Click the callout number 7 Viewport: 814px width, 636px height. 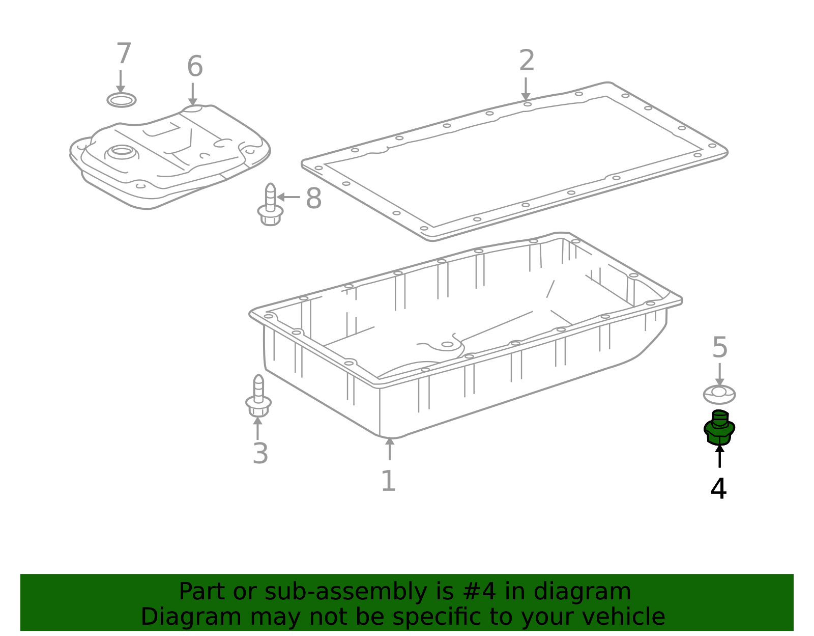click(124, 53)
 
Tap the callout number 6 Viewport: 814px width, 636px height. click(195, 66)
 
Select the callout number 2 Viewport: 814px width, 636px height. click(527, 60)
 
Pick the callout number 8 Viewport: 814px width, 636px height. click(313, 198)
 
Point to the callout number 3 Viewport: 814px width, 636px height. click(260, 453)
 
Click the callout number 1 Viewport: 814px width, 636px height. click(389, 481)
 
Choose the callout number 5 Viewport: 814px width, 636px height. click(719, 347)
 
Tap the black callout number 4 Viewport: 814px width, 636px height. click(718, 488)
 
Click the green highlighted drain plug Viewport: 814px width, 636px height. click(719, 428)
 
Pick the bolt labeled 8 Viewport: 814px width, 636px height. click(270, 205)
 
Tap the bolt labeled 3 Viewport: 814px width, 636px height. click(258, 396)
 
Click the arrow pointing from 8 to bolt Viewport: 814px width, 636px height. click(288, 197)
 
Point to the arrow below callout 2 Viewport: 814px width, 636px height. click(526, 89)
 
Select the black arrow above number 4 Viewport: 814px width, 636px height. click(719, 456)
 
